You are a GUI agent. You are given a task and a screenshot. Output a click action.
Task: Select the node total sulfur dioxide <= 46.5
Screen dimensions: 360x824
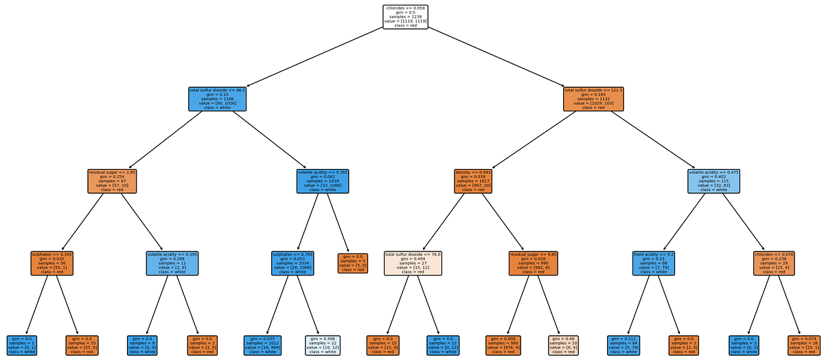(x=217, y=99)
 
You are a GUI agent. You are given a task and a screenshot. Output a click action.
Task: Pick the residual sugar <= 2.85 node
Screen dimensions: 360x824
(x=113, y=181)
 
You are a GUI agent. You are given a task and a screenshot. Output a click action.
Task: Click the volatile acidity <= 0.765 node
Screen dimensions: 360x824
(x=323, y=181)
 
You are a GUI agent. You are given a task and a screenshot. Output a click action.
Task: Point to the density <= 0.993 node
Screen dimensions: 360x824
(x=474, y=181)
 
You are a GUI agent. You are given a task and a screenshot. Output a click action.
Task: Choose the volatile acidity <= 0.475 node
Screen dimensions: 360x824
(x=713, y=181)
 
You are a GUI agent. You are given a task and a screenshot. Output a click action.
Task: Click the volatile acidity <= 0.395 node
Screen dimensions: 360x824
(x=173, y=262)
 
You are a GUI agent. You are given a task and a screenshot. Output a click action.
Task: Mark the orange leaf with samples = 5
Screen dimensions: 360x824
(x=352, y=262)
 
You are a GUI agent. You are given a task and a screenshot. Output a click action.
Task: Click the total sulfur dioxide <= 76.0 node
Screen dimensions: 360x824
(x=413, y=262)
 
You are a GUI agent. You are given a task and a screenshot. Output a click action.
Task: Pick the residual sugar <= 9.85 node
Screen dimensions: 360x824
(x=534, y=262)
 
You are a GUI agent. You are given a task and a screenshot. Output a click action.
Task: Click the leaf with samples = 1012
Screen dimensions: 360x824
(x=264, y=345)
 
